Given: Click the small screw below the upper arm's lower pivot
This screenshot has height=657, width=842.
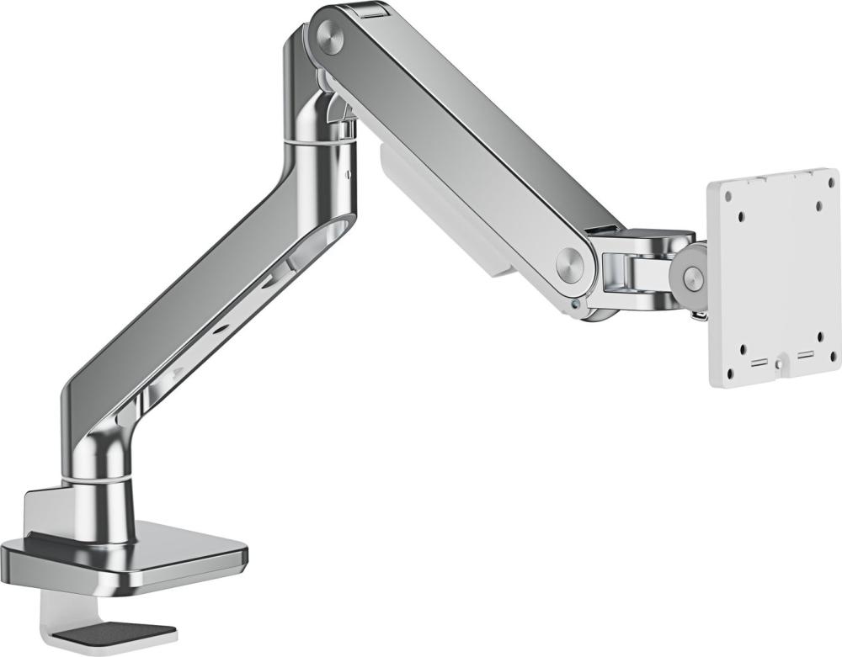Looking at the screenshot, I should (x=573, y=305).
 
